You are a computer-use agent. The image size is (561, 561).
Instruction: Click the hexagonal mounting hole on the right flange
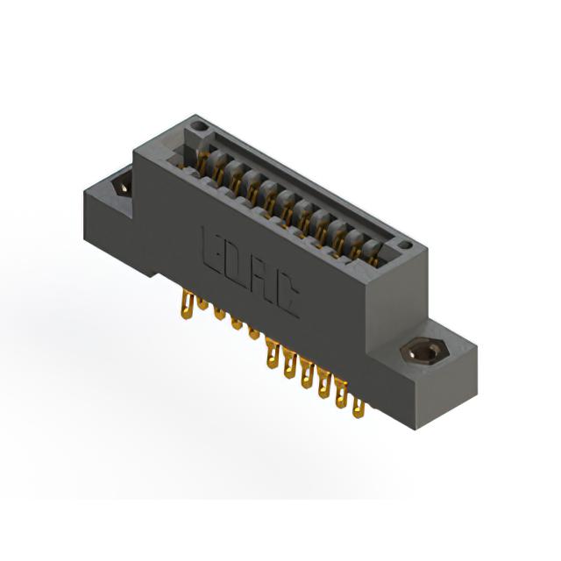[423, 352]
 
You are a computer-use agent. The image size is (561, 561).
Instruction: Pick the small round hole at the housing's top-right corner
[405, 245]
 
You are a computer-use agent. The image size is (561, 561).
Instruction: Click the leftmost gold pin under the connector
[188, 304]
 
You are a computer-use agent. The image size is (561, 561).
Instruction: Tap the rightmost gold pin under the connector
[359, 408]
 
